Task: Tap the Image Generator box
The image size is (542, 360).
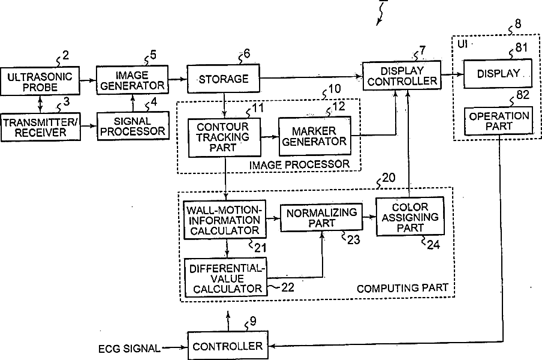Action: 132,79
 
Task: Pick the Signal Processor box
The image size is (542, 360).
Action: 131,125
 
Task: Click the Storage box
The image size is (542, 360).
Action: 223,79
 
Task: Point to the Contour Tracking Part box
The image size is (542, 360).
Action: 224,137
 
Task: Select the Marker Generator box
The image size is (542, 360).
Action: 314,136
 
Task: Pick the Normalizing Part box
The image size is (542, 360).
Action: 321,218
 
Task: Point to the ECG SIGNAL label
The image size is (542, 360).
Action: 129,348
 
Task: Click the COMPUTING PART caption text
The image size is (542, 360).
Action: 402,288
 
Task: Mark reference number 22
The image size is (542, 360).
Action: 288,287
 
